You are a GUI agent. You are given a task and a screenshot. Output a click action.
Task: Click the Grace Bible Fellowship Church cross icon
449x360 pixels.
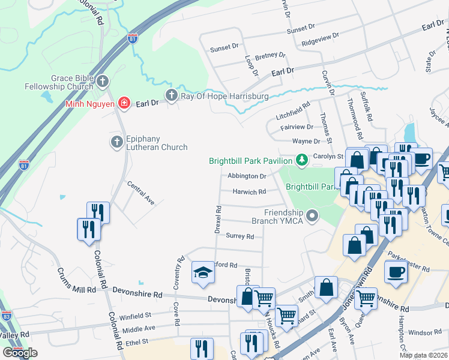pos(103,80)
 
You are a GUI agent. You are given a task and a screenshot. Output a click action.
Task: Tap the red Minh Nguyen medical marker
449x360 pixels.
pos(124,103)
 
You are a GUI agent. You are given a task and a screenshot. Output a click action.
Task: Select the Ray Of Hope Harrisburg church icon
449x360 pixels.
pos(172,95)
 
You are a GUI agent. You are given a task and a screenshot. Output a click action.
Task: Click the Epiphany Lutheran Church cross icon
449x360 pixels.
pos(116,142)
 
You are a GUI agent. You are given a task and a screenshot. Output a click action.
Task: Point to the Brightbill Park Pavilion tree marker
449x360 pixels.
pos(301,160)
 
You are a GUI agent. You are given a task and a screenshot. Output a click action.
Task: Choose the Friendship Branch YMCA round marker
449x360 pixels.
pos(311,215)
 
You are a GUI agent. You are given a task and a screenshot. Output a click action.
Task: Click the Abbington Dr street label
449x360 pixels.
pos(247,176)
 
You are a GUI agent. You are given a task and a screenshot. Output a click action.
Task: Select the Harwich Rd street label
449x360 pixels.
pos(249,192)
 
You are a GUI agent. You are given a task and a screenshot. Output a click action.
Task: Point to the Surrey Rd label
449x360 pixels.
pos(240,236)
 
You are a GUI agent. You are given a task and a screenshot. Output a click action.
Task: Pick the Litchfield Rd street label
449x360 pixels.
pos(293,110)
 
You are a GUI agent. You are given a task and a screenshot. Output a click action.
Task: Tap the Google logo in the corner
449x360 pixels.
pos(20,353)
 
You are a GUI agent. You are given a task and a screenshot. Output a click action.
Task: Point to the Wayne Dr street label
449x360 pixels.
pos(306,142)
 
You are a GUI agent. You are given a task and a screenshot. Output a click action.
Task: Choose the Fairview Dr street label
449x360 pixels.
pos(297,127)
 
